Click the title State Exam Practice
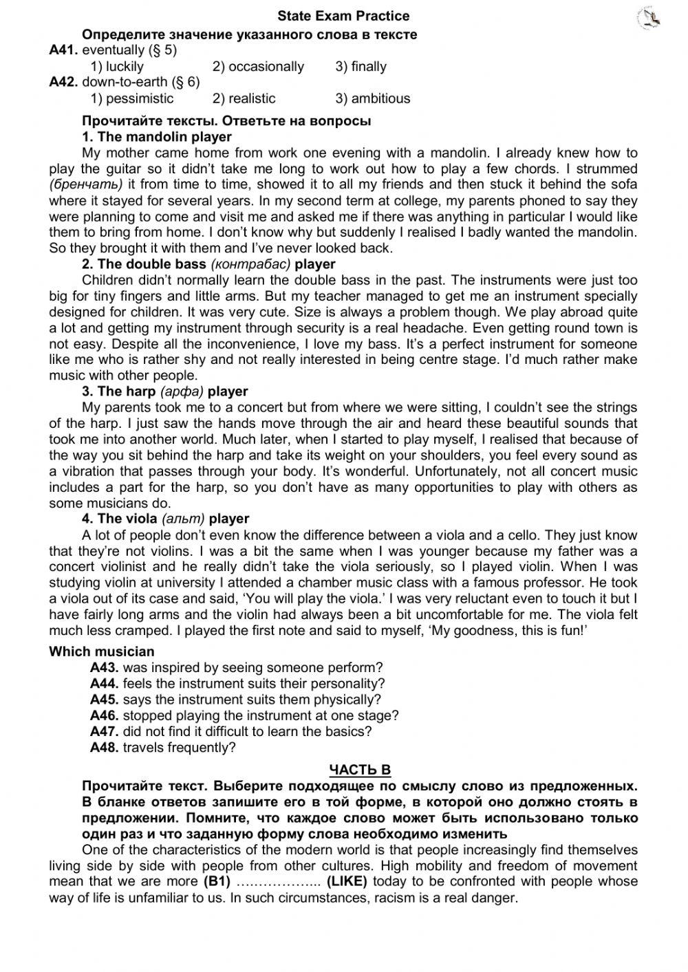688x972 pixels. tap(343, 16)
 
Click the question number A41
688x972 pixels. tap(63, 50)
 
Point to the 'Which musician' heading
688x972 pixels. tap(102, 651)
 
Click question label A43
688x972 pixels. tap(105, 667)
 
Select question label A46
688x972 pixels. tap(105, 715)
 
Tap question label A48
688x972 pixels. tap(105, 747)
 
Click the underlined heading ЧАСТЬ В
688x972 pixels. tap(360, 770)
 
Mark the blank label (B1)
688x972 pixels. tap(215, 882)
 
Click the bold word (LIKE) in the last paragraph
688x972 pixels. tap(347, 882)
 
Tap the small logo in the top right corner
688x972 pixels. tap(649, 19)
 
